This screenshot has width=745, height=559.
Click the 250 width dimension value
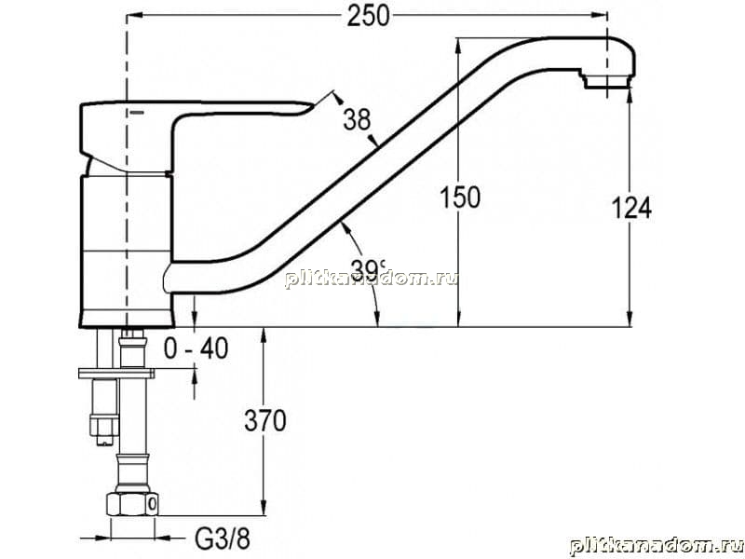(x=368, y=16)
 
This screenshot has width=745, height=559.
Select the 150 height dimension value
(x=459, y=198)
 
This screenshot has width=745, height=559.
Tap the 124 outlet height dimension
(x=631, y=208)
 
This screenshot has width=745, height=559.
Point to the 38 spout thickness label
(x=357, y=119)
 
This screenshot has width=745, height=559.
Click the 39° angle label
(x=369, y=269)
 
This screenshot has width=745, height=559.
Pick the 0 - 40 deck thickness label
(x=196, y=348)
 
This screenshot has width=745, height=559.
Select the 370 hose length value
(x=265, y=421)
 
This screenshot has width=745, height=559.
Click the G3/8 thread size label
(x=223, y=539)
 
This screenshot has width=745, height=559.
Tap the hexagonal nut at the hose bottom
(x=131, y=504)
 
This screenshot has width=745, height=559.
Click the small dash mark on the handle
(x=136, y=113)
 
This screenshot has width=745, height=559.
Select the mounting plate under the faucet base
(x=117, y=374)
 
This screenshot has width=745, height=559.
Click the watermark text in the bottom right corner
(x=657, y=547)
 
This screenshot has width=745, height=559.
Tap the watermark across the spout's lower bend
(x=371, y=279)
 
